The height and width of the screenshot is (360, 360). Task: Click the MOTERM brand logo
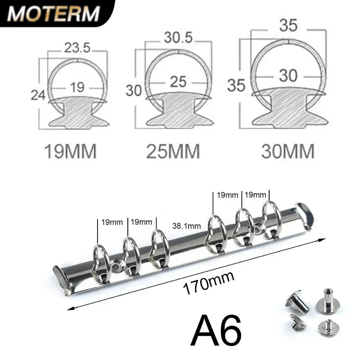coord(53,14)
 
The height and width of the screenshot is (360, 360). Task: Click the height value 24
coord(38,95)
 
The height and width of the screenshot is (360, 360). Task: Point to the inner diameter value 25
coord(178,82)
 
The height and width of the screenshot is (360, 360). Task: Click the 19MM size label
coord(70,152)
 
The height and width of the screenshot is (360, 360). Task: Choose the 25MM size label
coord(173,152)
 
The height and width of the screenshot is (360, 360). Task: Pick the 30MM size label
coord(288,152)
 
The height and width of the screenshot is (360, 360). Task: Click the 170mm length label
coord(209,283)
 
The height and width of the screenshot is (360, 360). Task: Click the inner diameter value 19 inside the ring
coord(77,87)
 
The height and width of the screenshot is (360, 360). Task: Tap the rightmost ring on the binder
coord(271,220)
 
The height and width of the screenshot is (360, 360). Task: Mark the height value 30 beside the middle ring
coord(134,90)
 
